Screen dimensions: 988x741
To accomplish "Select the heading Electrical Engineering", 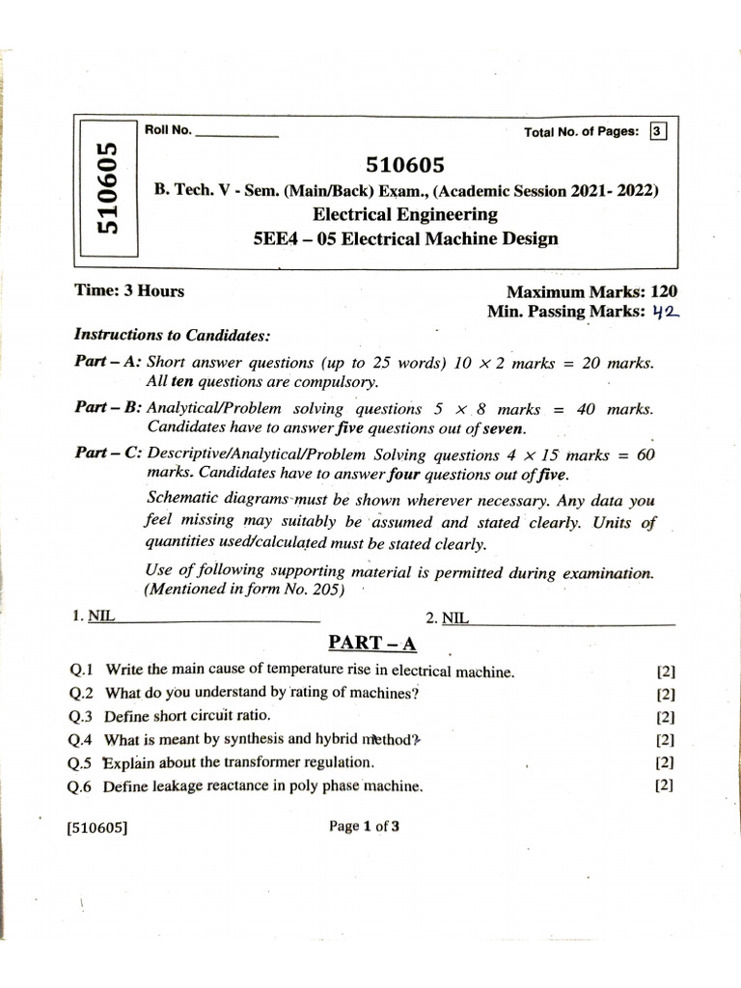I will (405, 214).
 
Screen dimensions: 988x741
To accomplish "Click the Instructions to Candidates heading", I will (173, 335).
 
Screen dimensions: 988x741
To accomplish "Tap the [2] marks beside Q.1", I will (665, 672).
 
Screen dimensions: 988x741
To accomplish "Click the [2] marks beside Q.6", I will (663, 784).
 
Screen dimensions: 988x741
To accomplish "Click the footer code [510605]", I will (98, 827).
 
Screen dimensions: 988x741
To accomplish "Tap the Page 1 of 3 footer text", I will (365, 826).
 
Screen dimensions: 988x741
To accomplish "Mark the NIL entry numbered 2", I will (455, 617).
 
